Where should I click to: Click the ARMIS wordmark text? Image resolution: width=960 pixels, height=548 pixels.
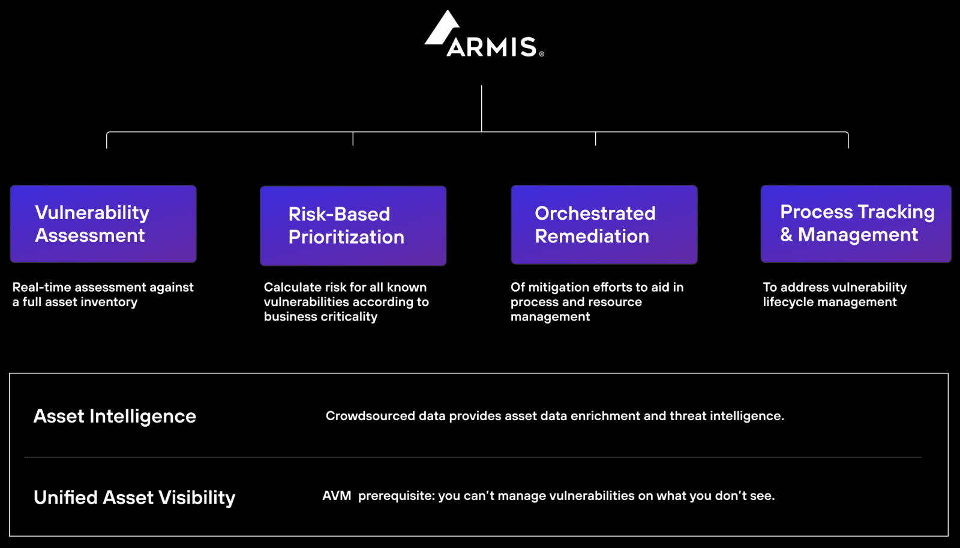pyautogui.click(x=492, y=47)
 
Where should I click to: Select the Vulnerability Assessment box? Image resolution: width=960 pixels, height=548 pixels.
pyautogui.click(x=103, y=224)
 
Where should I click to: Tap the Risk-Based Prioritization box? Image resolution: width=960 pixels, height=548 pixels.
pyautogui.click(x=353, y=226)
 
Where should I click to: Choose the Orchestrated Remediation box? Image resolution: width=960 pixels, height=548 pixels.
pyautogui.click(x=604, y=224)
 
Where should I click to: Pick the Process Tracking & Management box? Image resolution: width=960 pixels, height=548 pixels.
pyautogui.click(x=856, y=224)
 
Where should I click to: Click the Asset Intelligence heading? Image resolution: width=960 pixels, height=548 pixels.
pyautogui.click(x=115, y=417)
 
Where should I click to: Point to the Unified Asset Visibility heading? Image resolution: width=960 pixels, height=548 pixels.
pyautogui.click(x=134, y=498)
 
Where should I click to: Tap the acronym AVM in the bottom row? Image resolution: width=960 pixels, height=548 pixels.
pyautogui.click(x=337, y=496)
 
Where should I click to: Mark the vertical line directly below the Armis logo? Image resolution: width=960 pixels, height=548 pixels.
pyautogui.click(x=481, y=109)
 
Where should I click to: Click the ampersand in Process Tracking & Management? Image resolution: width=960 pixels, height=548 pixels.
pyautogui.click(x=786, y=235)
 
